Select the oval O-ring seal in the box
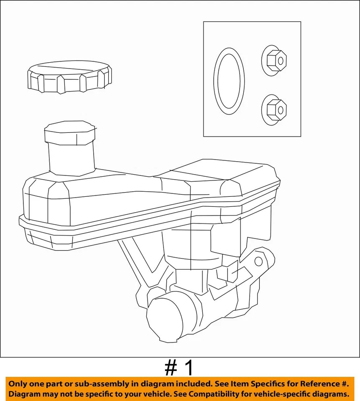(x=229, y=81)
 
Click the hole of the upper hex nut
(x=281, y=60)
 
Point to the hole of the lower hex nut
(x=281, y=110)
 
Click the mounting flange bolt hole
(x=258, y=262)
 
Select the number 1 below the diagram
(x=189, y=368)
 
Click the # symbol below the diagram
(x=171, y=368)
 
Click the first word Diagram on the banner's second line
(x=26, y=394)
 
